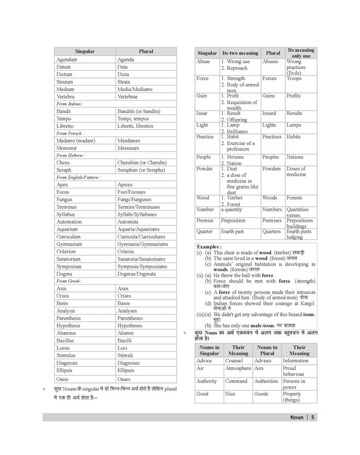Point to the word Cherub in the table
pos(65,163)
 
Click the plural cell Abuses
pos(270,62)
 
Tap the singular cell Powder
pos(205,168)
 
